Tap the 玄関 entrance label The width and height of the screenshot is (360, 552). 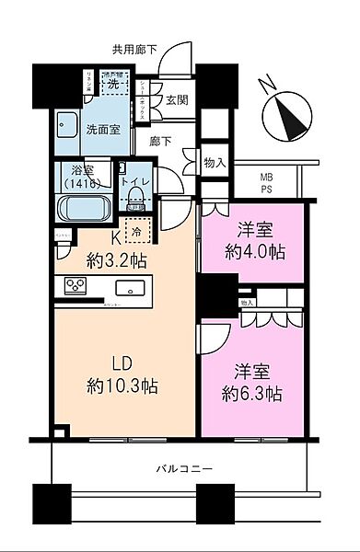click(x=179, y=100)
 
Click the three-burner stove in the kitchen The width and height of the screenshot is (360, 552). click(x=74, y=285)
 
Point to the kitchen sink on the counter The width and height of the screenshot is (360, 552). click(x=131, y=286)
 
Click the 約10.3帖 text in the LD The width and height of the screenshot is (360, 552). click(x=122, y=385)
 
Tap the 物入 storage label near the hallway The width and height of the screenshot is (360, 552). click(x=214, y=162)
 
